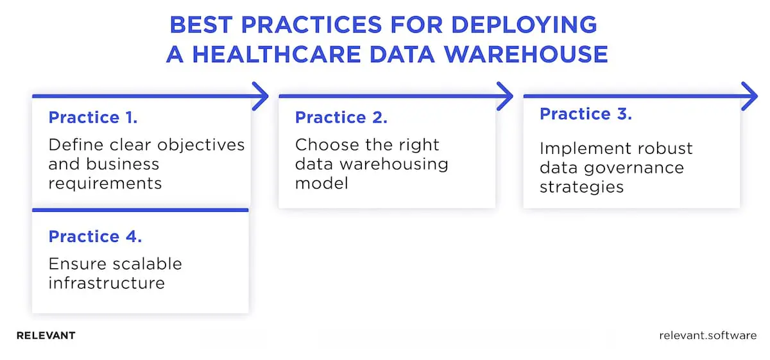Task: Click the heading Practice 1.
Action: [93, 117]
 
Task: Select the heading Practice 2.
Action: [341, 117]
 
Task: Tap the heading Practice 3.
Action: [586, 114]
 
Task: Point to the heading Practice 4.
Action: [95, 236]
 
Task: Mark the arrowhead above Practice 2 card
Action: [506, 96]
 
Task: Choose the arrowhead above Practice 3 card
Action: [751, 96]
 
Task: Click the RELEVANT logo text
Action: [46, 336]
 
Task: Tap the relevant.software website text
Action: [708, 336]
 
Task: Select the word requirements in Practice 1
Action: [105, 184]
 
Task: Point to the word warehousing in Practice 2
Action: [394, 164]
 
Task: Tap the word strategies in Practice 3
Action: [581, 187]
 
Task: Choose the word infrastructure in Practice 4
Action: [106, 283]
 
